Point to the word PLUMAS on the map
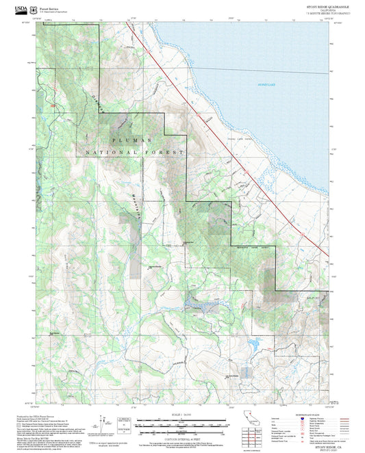tap(121, 139)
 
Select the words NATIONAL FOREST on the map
tap(134, 152)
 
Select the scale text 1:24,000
tap(181, 415)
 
